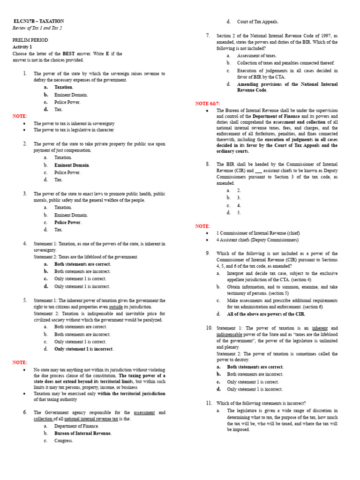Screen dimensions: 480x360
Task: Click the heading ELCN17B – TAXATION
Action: point(38,21)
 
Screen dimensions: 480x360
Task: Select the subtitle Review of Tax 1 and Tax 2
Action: point(37,28)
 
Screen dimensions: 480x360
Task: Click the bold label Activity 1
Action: point(22,47)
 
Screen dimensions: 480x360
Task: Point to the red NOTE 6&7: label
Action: point(208,103)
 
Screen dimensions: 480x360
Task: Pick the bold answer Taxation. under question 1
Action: point(64,87)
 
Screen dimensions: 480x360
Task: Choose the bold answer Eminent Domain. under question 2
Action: point(72,165)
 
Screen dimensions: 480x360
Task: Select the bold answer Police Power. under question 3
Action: point(68,222)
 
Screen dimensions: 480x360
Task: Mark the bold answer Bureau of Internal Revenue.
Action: point(83,433)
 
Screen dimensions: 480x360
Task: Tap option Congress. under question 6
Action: point(64,441)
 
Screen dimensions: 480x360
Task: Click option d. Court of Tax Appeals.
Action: point(257,22)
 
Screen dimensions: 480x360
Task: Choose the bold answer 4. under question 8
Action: point(239,205)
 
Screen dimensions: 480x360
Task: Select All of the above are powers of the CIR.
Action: point(266,314)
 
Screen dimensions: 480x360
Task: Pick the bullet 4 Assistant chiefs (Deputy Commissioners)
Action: point(257,240)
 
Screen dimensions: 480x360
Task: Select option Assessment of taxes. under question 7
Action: point(256,55)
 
